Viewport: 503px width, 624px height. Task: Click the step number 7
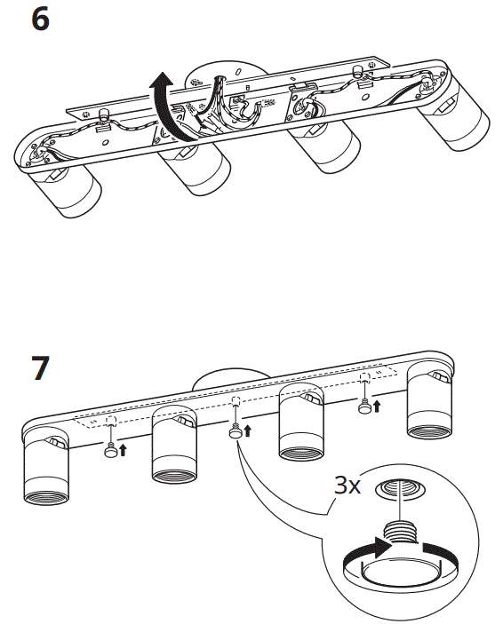point(41,367)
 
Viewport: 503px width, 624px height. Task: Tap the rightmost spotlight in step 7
point(433,404)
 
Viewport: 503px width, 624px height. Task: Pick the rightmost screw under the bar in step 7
point(363,407)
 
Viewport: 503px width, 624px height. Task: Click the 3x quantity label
point(347,486)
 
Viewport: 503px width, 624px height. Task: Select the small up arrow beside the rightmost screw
point(377,407)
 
